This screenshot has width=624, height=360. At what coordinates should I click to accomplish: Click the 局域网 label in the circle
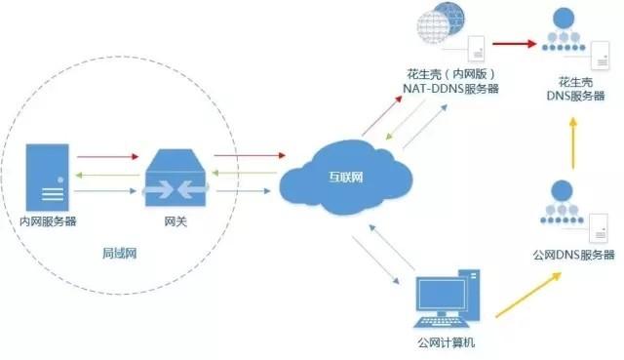coord(120,252)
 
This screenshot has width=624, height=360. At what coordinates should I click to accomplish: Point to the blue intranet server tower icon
coord(48,177)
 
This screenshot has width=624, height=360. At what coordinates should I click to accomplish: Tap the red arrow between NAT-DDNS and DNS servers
coord(516,44)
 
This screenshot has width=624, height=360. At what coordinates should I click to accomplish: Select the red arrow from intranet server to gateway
coord(106,155)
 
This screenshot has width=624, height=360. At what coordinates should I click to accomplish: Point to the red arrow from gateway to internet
coord(248,155)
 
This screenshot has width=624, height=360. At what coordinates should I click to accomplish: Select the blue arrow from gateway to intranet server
coord(106,192)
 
